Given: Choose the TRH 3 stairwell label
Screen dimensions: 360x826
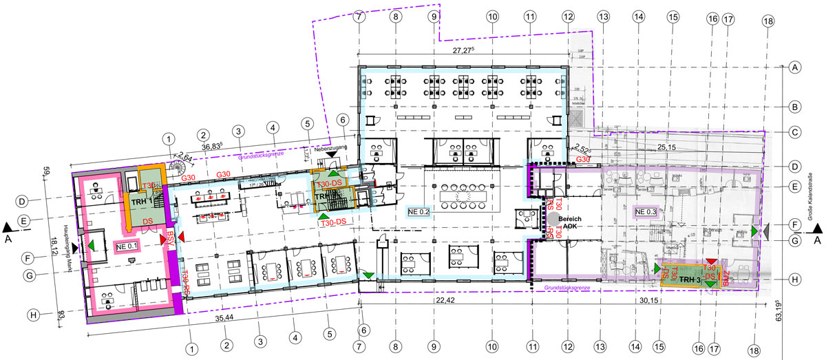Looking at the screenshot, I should point(690,280).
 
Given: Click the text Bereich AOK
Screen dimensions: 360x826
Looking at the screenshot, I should point(571,220).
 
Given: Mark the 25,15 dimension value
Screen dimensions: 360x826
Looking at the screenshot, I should point(666,146).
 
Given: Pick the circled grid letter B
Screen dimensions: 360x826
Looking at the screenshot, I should point(794,107).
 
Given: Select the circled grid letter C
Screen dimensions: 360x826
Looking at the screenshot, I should point(794,133).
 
